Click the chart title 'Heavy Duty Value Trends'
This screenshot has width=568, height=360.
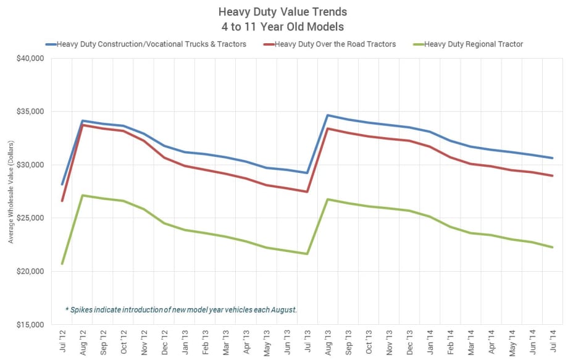[283, 12]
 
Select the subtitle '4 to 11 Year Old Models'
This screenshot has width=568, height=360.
[283, 27]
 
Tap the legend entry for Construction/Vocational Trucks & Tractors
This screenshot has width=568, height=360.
[151, 44]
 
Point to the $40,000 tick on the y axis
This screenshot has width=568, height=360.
[30, 59]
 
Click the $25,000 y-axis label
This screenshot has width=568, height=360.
[30, 218]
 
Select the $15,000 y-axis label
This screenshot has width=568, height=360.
[30, 325]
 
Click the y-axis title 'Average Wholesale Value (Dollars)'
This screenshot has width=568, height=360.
[11, 191]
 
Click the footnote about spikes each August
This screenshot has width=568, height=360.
[181, 309]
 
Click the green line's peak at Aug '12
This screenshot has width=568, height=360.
[83, 195]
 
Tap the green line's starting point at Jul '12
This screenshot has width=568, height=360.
[62, 264]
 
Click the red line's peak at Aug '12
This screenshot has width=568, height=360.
[83, 125]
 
